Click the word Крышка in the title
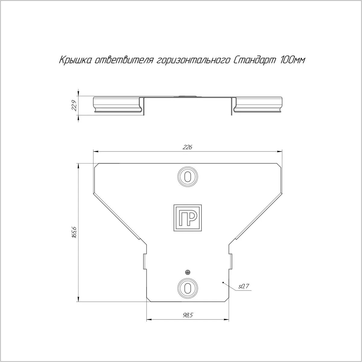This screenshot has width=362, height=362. (75, 60)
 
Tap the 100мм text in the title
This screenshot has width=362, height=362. (293, 60)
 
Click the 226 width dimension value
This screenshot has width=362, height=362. (187, 147)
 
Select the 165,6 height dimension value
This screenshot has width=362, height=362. (75, 233)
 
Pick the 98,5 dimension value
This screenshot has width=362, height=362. (188, 315)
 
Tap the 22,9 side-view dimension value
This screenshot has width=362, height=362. (75, 106)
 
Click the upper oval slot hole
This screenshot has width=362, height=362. (187, 177)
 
